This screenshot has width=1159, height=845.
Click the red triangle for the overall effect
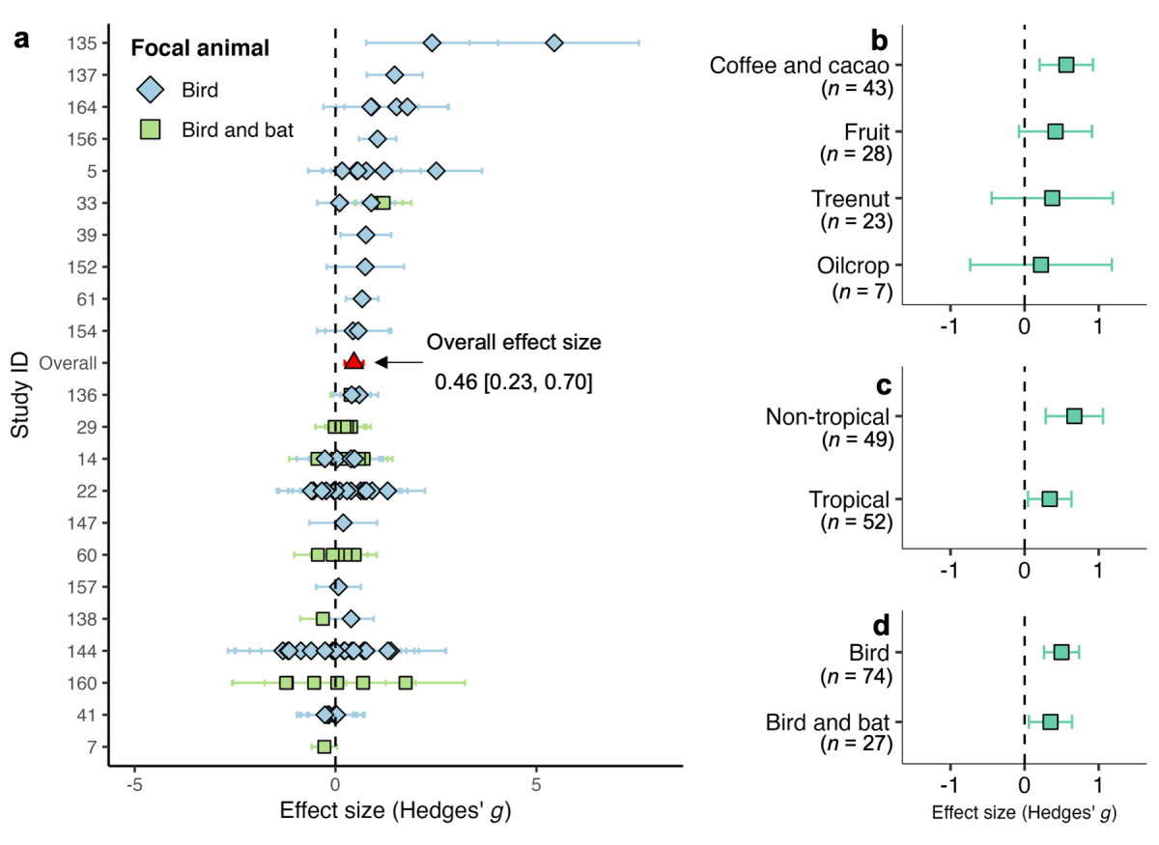point(353,361)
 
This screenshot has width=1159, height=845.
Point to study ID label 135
point(82,43)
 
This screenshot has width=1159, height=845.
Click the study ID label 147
point(82,522)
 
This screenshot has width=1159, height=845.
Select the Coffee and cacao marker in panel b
point(1066,65)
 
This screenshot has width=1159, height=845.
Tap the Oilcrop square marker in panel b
point(1040,265)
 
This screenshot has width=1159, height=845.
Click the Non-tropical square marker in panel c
point(1074,416)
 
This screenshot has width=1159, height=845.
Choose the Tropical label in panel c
point(850,499)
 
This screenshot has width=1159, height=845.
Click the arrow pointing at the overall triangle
point(398,362)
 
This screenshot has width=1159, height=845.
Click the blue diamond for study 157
point(339,586)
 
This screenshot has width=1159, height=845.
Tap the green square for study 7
point(325,746)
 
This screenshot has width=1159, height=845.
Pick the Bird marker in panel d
point(1061,653)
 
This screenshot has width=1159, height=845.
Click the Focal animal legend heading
point(200,47)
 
